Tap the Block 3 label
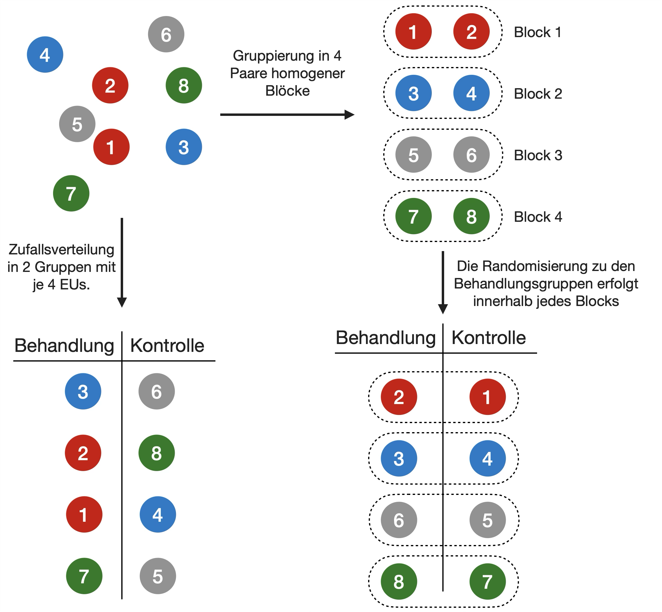click(x=538, y=155)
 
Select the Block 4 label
click(x=538, y=217)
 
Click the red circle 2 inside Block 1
click(x=471, y=32)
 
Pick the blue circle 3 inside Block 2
click(x=414, y=93)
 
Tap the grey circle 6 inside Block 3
click(x=471, y=155)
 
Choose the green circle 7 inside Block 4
click(x=414, y=216)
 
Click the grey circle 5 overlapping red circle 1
click(x=77, y=124)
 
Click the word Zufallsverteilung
click(x=62, y=250)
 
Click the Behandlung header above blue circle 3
click(x=64, y=346)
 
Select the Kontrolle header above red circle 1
click(x=489, y=338)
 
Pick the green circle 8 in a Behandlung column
click(x=399, y=582)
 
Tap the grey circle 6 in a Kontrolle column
click(x=156, y=391)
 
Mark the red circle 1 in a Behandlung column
click(x=84, y=514)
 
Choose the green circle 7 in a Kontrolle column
click(x=488, y=582)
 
